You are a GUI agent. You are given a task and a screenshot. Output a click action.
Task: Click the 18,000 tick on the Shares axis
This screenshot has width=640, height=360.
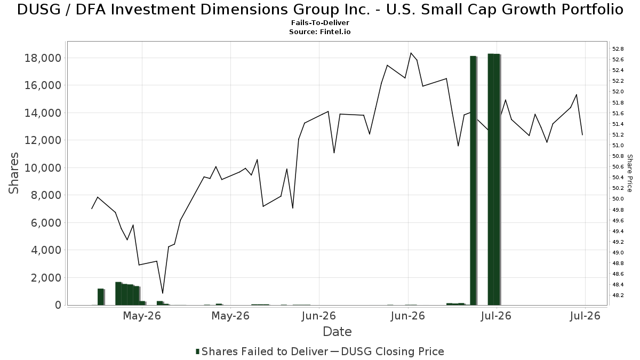43,58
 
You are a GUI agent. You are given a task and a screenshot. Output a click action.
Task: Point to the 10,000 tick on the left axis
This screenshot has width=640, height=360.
43,168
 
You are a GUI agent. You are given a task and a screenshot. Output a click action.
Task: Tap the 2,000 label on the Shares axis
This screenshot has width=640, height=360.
46,278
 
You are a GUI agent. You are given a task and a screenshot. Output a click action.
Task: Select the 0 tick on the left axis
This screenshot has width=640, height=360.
58,305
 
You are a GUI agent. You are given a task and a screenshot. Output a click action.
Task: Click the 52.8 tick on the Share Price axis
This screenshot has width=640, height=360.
618,49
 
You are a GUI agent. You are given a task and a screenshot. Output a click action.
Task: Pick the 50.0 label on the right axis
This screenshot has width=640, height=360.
618,199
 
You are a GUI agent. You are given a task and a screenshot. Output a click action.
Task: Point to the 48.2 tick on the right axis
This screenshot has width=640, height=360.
618,295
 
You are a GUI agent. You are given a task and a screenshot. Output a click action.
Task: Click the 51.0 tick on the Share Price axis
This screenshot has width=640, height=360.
618,146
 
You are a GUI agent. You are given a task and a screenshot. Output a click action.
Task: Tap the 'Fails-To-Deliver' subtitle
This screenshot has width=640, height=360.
320,22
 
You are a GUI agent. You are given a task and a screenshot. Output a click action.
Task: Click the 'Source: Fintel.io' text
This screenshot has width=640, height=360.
320,31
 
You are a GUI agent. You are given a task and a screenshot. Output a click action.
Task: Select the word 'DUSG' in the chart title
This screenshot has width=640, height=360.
39,10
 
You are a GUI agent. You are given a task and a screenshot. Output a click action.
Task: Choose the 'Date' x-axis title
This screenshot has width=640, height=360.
337,332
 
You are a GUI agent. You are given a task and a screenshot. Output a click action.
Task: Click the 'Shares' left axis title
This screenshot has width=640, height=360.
13,173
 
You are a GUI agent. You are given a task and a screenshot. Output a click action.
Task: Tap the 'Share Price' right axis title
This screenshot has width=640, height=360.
630,173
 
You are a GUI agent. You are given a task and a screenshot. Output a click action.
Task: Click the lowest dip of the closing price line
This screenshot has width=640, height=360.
163,293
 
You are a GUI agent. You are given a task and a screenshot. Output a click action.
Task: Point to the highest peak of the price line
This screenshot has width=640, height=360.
411,53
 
